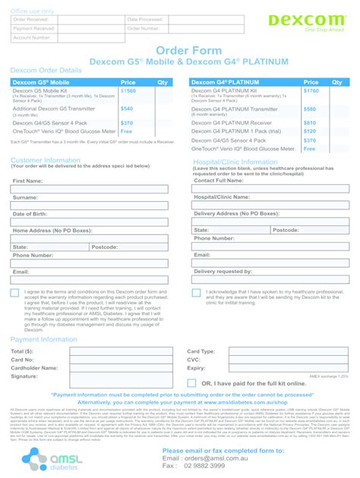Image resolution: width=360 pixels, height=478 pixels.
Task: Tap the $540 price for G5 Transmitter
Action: coord(126,108)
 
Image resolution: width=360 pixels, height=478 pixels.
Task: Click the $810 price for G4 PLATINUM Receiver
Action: coord(309,122)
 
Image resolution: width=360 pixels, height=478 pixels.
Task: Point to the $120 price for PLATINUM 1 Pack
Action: coord(309,131)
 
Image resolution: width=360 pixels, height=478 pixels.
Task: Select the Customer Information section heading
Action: coord(45,160)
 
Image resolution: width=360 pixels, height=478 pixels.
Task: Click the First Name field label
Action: coord(27,181)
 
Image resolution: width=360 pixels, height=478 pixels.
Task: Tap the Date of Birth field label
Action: coord(30,214)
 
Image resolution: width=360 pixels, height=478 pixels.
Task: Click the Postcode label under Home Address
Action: coord(104,247)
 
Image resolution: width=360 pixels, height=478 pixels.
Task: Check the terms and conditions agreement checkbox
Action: coord(15,293)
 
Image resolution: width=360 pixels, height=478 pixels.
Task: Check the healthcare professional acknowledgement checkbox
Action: coord(197,293)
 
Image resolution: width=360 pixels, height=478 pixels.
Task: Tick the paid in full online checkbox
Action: coord(191,383)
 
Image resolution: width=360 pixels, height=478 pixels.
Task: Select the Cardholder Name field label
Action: coord(34,368)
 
